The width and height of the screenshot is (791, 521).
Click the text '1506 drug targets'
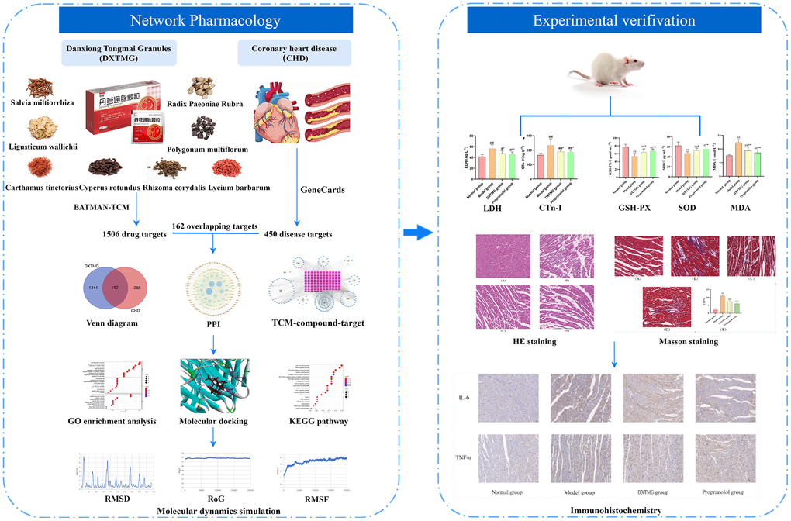(x=135, y=234)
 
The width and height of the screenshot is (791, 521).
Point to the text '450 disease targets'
(x=298, y=234)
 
